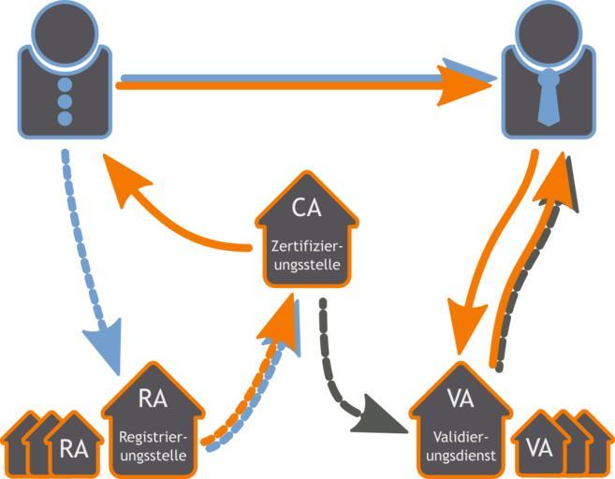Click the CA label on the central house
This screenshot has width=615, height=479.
tap(307, 208)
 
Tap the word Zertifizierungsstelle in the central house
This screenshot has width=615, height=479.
tap(307, 256)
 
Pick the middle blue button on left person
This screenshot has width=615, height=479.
tap(65, 101)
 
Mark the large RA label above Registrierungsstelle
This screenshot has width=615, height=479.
tap(153, 399)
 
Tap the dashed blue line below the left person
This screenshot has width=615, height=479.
tap(71, 215)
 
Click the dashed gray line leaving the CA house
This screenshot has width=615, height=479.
tap(325, 356)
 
